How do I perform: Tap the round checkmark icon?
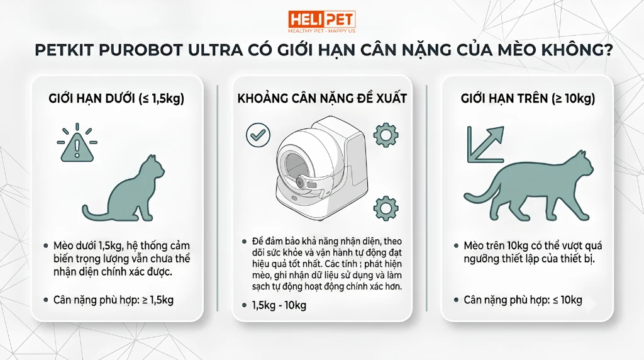coord(258,135)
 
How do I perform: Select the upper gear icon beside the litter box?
coord(386,135)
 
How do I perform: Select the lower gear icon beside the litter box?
coord(386,208)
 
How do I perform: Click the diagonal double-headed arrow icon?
coord(486,144)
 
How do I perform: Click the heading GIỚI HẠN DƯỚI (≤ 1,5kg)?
coord(116,99)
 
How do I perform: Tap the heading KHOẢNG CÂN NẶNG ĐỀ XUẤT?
coord(322,99)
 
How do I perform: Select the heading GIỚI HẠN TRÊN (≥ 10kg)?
coord(528,99)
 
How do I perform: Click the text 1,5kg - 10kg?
coord(279,305)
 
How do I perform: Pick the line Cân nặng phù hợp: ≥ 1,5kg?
coord(113,300)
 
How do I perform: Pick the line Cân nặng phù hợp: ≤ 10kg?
coord(523,300)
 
